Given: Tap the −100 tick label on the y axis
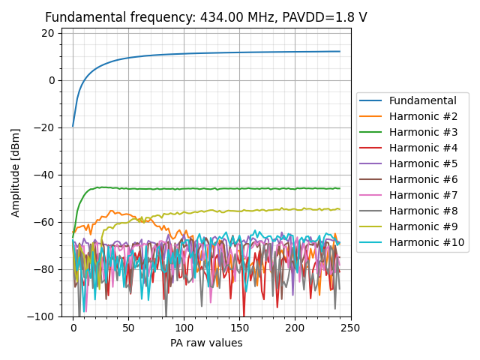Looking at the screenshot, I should (x=43, y=316).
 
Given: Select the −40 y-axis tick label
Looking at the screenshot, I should (x=46, y=175).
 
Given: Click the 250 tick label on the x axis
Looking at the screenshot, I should (x=350, y=328).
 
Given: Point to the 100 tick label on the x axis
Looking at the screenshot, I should (x=184, y=328).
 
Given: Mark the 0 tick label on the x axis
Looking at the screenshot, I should (x=73, y=328).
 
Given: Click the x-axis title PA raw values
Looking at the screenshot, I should (x=206, y=343).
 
